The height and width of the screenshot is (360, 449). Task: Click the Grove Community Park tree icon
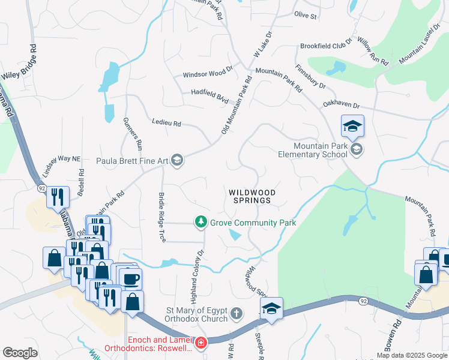pos(202,223)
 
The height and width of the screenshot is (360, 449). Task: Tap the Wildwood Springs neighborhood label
pos(252,196)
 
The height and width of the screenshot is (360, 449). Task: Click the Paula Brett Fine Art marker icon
pos(177,160)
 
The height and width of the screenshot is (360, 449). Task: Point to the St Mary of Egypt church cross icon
pos(237,313)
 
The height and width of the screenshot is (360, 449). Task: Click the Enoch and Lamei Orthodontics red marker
pos(202,343)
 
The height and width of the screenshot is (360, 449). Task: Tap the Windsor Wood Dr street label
pos(208,73)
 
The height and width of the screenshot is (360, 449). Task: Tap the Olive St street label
pos(305,15)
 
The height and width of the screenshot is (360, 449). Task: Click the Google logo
pos(20,353)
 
